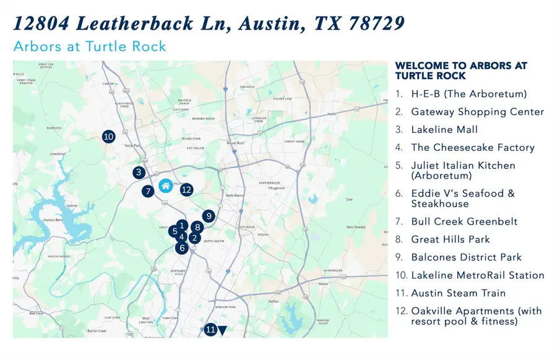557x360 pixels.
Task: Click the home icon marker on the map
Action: [165, 185]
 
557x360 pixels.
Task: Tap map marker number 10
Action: [108, 136]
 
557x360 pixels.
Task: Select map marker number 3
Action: [139, 173]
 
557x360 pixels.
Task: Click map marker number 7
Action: [147, 191]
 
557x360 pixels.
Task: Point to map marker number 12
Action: [187, 190]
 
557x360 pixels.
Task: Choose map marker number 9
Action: [209, 216]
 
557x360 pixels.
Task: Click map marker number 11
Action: [210, 330]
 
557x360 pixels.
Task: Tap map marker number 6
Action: [181, 247]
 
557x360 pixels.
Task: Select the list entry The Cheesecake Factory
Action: [472, 148]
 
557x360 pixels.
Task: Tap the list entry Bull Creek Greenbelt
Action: [464, 221]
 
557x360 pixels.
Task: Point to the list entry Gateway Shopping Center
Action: [477, 112]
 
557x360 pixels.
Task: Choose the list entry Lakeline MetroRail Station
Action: [477, 275]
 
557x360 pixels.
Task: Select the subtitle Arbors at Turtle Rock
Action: [89, 47]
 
